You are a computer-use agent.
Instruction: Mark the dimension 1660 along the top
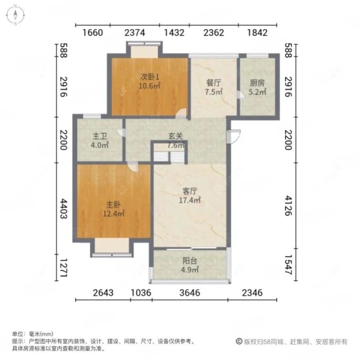[94, 32]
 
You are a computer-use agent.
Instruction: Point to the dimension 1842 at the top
[257, 32]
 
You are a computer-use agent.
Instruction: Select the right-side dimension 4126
[289, 206]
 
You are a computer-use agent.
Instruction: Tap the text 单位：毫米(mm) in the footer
[32, 334]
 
